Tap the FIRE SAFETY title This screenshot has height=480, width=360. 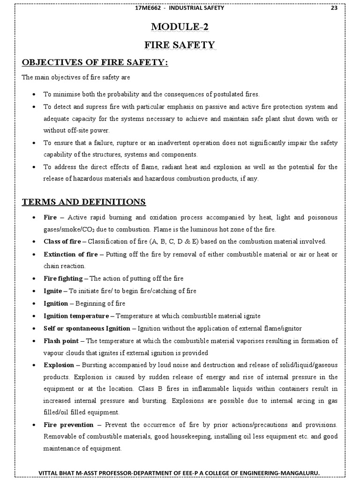(x=180, y=45)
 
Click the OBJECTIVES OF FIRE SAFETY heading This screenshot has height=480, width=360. (x=95, y=63)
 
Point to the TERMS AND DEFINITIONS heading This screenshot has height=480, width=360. (x=84, y=202)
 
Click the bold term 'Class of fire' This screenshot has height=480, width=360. (x=62, y=241)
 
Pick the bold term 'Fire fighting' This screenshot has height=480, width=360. (x=63, y=278)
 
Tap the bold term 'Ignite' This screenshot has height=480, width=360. (x=52, y=291)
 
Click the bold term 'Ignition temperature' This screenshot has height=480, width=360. (x=76, y=316)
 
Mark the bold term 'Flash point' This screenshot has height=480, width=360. (x=60, y=341)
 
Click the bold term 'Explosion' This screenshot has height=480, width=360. (x=59, y=365)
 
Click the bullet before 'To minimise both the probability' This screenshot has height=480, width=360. (x=34, y=94)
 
